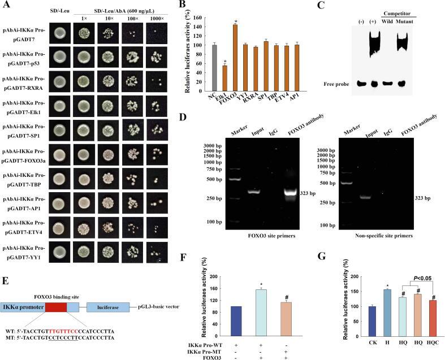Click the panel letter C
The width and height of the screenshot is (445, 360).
337,6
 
